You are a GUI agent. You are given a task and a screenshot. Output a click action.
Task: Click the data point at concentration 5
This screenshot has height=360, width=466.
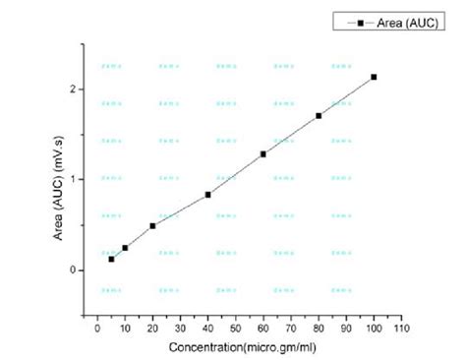(111, 259)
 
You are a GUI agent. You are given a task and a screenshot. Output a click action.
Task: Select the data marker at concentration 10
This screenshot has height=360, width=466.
(125, 248)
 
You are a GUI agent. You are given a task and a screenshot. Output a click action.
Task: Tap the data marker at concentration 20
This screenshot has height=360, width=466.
(152, 226)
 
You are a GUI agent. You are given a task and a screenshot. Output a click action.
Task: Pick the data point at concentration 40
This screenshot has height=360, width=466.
(208, 195)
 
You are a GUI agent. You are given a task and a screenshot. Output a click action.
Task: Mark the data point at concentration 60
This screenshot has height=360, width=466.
(263, 154)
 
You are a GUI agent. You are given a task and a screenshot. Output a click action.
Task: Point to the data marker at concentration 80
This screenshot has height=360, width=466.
(319, 116)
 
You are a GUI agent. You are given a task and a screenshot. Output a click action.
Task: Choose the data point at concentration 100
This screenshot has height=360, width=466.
(374, 77)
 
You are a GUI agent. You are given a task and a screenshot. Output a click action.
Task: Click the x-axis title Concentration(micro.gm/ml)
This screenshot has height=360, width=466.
(242, 347)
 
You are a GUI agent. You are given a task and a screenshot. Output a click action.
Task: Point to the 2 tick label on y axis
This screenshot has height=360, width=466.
(74, 89)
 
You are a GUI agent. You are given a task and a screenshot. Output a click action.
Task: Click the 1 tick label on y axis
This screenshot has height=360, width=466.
(74, 179)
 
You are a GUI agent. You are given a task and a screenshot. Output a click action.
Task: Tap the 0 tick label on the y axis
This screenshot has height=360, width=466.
(74, 270)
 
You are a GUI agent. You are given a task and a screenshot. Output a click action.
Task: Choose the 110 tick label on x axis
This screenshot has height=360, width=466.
(401, 329)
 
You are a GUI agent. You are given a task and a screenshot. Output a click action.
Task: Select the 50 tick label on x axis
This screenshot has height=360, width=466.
(236, 329)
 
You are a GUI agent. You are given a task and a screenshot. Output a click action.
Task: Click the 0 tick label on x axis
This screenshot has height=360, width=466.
(97, 329)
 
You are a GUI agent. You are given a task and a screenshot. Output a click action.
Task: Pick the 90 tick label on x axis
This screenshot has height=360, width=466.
(346, 329)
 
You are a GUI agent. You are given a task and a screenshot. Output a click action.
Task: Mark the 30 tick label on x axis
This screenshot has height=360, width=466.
(180, 329)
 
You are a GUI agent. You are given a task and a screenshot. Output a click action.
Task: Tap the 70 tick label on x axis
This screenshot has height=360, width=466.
(291, 329)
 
